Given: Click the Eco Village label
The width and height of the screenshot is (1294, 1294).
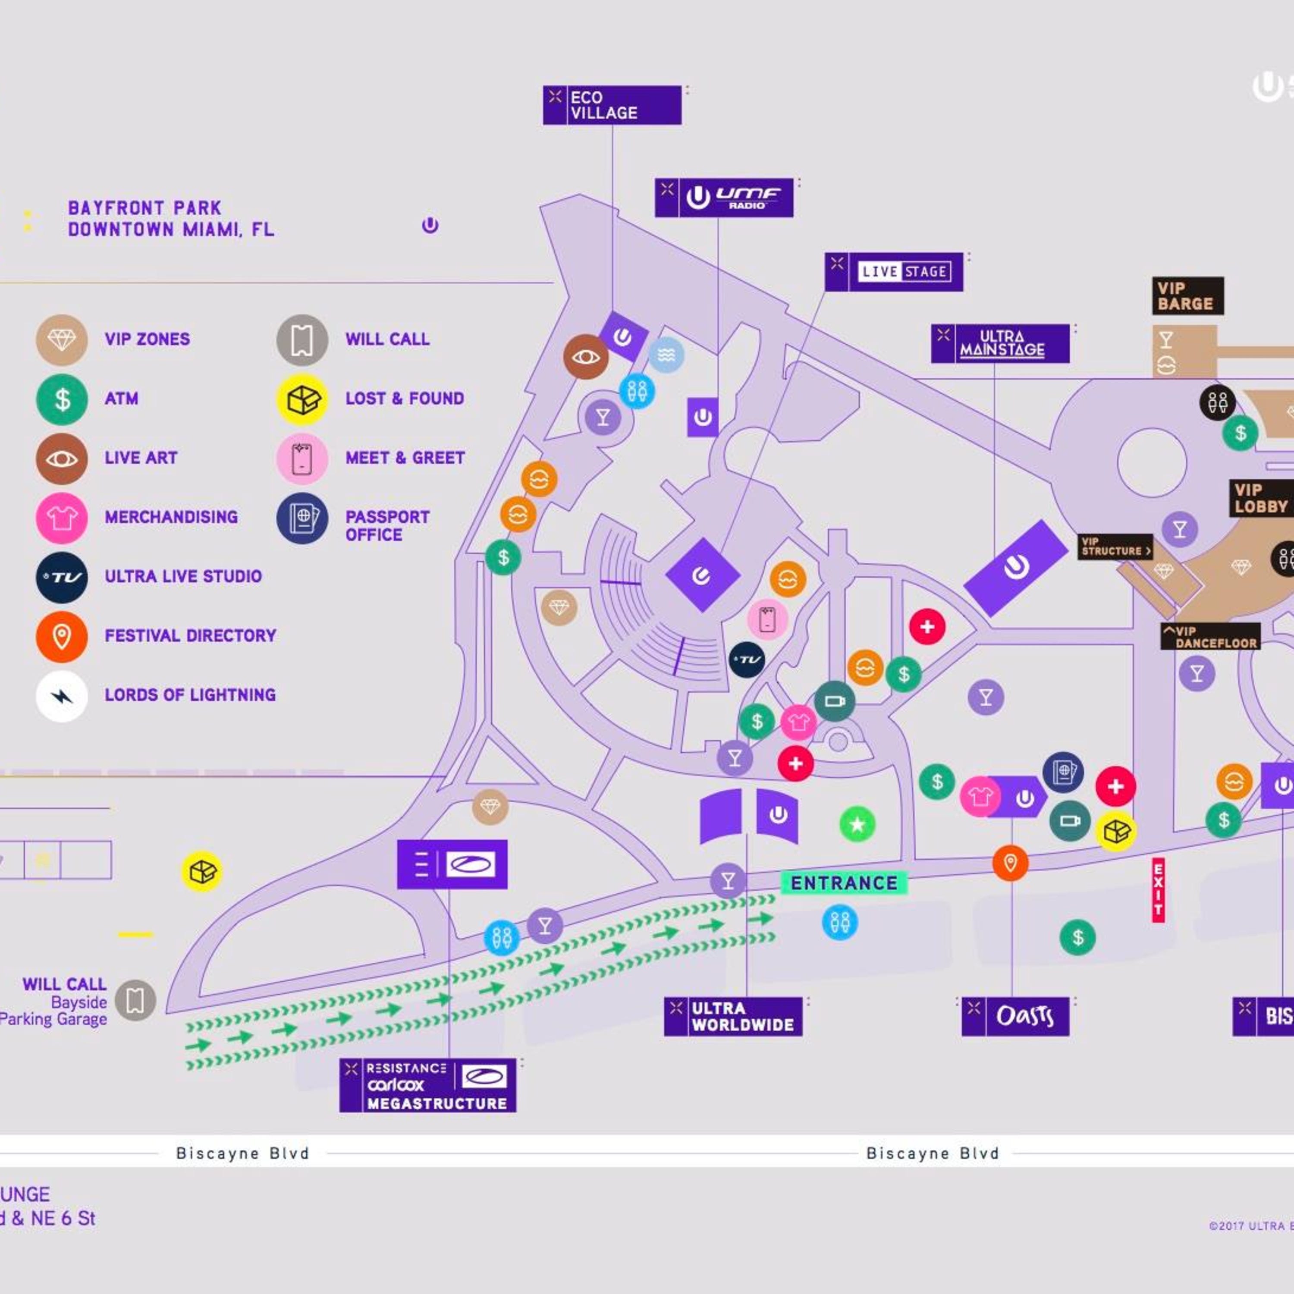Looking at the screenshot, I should tap(612, 105).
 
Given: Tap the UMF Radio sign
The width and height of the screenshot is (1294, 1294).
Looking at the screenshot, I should tap(724, 198).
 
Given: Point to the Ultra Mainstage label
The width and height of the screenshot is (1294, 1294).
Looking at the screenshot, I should tap(1000, 344).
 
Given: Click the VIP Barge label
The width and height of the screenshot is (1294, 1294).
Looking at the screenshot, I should tap(1187, 295).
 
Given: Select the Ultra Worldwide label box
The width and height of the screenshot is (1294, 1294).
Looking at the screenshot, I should tap(733, 1017).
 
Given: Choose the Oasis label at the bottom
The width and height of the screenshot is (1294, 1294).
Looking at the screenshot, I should tap(1015, 1017).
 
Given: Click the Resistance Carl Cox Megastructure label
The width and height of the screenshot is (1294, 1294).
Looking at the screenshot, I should tap(427, 1085).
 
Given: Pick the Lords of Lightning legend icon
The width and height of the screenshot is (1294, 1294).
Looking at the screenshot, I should tap(62, 697).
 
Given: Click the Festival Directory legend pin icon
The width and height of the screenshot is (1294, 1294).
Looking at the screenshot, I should tap(62, 636).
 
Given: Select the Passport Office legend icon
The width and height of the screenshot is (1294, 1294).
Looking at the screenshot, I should tap(302, 518).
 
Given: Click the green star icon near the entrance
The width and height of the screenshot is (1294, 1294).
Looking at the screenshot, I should tap(857, 824).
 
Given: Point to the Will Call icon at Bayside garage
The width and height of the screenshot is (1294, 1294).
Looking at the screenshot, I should tap(135, 1000).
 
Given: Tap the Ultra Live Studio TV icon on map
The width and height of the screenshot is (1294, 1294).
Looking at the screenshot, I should tap(746, 660).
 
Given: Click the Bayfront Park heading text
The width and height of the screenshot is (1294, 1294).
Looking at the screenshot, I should tap(171, 218).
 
